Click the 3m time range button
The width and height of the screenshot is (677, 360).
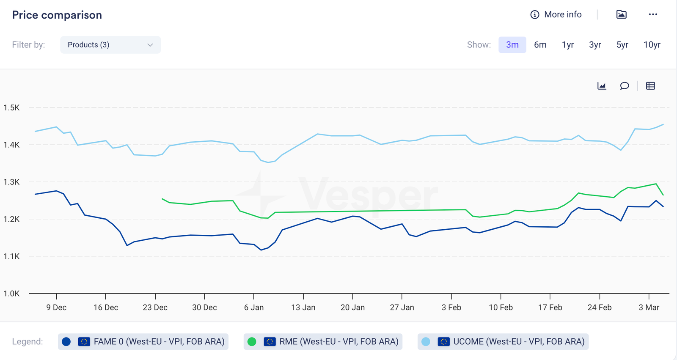[512, 45]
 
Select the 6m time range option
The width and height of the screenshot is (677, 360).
[540, 45]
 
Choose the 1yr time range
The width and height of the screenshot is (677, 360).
[567, 45]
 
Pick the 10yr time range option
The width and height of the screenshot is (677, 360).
[652, 45]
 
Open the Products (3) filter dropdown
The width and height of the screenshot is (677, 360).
[110, 45]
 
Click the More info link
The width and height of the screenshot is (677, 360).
[556, 15]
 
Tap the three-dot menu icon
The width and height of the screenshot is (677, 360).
[653, 15]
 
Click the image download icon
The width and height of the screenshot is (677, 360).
[621, 15]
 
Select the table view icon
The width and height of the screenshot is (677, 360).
[650, 86]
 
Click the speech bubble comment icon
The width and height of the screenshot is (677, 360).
[624, 86]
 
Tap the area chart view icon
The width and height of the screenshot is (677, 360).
[602, 86]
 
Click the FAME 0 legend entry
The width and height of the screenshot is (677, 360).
[143, 342]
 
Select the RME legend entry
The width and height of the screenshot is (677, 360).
[323, 342]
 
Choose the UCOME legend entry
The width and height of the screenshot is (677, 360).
[503, 342]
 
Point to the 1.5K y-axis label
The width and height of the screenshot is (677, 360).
[11, 108]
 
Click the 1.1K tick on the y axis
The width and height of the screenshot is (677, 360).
[11, 256]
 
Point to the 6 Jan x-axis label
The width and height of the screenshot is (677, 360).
[253, 308]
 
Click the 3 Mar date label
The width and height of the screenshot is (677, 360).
[649, 308]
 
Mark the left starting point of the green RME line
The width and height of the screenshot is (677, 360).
[162, 199]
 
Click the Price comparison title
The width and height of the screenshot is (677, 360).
[57, 15]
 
